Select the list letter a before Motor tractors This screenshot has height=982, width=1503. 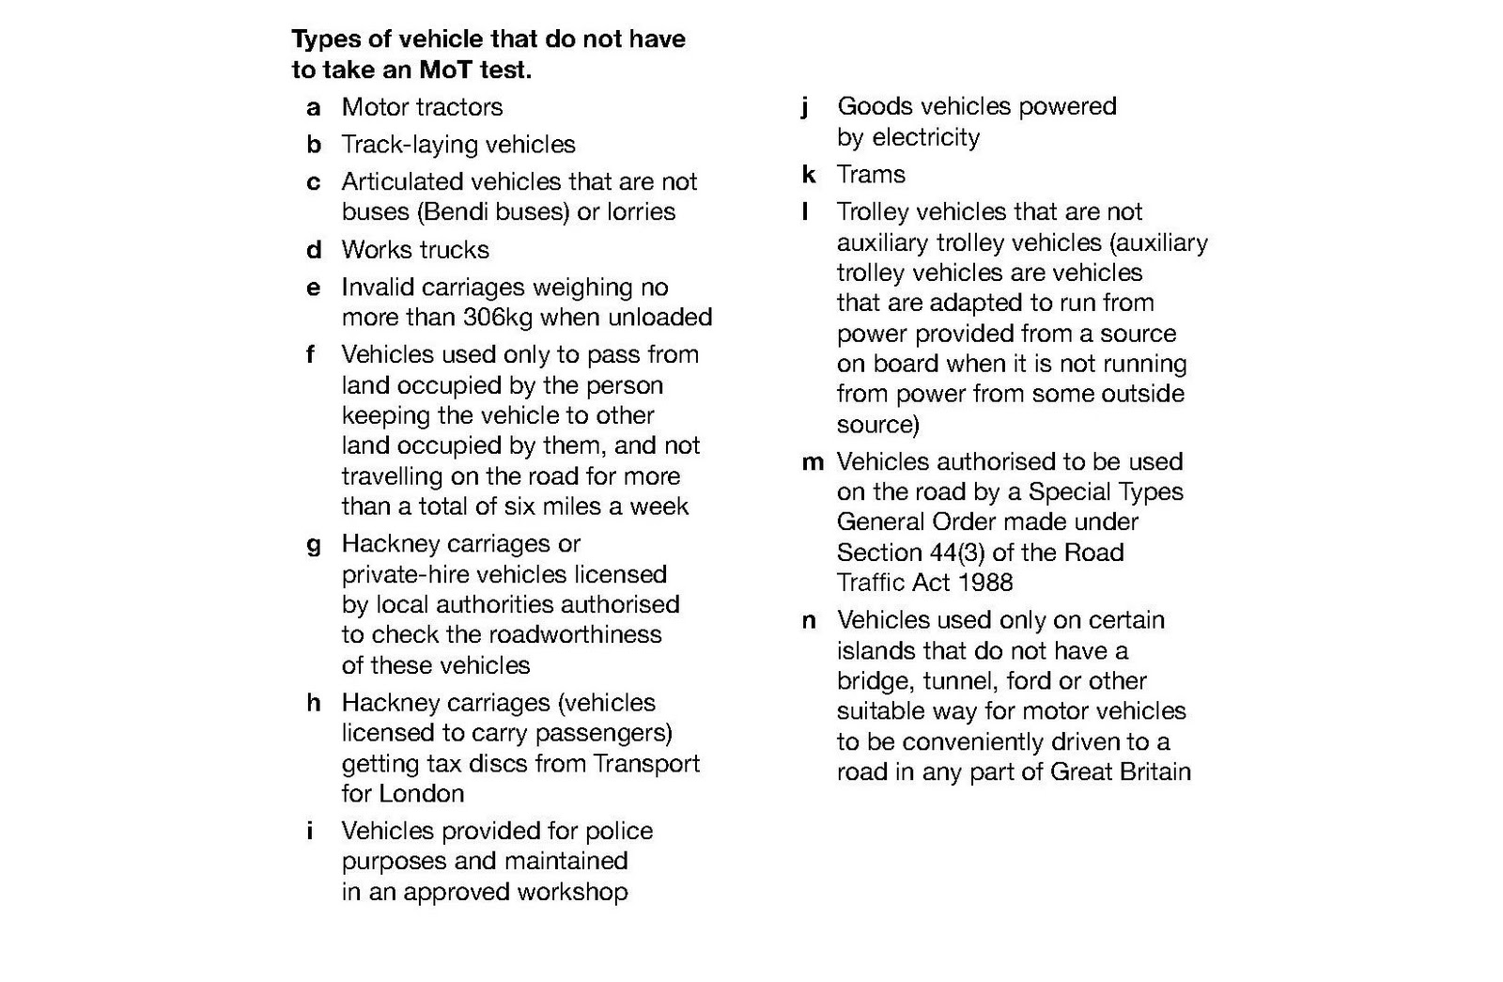point(313,107)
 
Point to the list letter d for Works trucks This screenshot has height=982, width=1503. point(314,250)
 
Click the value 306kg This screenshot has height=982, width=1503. point(498,318)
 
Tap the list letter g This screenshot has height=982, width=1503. point(314,545)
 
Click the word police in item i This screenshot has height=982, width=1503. point(618,832)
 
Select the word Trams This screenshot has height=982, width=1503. point(871,175)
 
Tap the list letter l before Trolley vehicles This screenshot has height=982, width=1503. point(805,212)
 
